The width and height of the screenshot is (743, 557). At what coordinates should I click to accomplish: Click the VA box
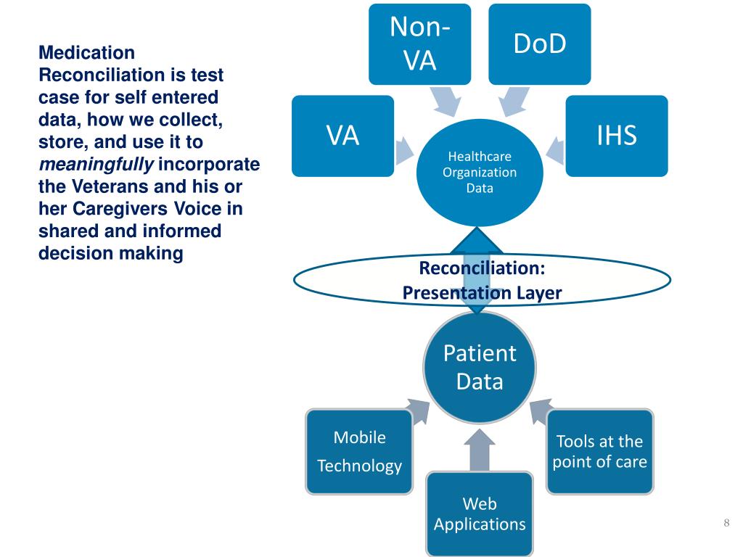pos(342,136)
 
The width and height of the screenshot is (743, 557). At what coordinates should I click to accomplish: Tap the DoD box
pos(539,44)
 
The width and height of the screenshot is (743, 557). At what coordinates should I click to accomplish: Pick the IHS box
pos(617,136)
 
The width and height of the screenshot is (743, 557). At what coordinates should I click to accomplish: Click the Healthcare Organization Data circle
pos(480,174)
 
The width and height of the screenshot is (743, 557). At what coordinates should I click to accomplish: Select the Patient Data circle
pos(480,367)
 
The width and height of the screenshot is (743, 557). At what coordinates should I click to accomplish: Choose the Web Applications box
pos(480,513)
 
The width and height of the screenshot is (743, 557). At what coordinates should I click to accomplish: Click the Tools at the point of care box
pos(599,451)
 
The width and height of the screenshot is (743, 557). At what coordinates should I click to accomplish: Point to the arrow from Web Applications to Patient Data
pos(480,450)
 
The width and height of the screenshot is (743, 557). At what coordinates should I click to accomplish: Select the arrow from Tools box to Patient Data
pos(540,411)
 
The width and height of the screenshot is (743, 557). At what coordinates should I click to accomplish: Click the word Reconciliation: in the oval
pos(482,268)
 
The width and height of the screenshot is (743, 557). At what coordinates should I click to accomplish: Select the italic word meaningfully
pos(96,164)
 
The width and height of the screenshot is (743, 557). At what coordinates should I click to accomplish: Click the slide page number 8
pos(726,524)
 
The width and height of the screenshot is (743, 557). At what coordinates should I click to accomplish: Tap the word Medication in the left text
pos(86,53)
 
